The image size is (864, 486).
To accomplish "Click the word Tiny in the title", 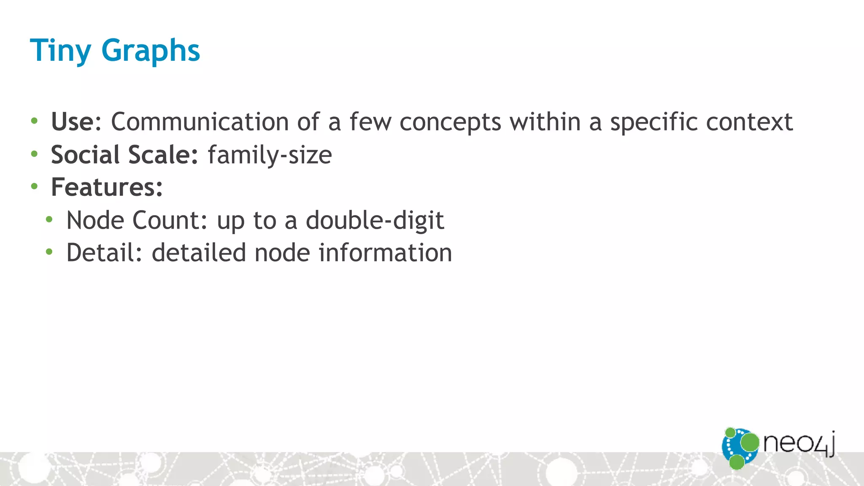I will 60,51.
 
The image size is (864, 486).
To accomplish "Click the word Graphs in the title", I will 151,51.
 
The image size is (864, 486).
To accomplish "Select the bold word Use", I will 73,122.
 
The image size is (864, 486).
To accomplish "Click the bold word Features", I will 106,187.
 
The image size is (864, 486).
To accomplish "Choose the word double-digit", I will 375,221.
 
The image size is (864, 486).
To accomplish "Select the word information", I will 385,253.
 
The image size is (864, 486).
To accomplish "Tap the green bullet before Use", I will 34,121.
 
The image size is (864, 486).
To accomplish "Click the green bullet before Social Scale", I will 34,154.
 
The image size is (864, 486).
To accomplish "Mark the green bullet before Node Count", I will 49,219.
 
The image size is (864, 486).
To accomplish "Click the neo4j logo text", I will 799,444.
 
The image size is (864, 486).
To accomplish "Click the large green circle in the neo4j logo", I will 749,442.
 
